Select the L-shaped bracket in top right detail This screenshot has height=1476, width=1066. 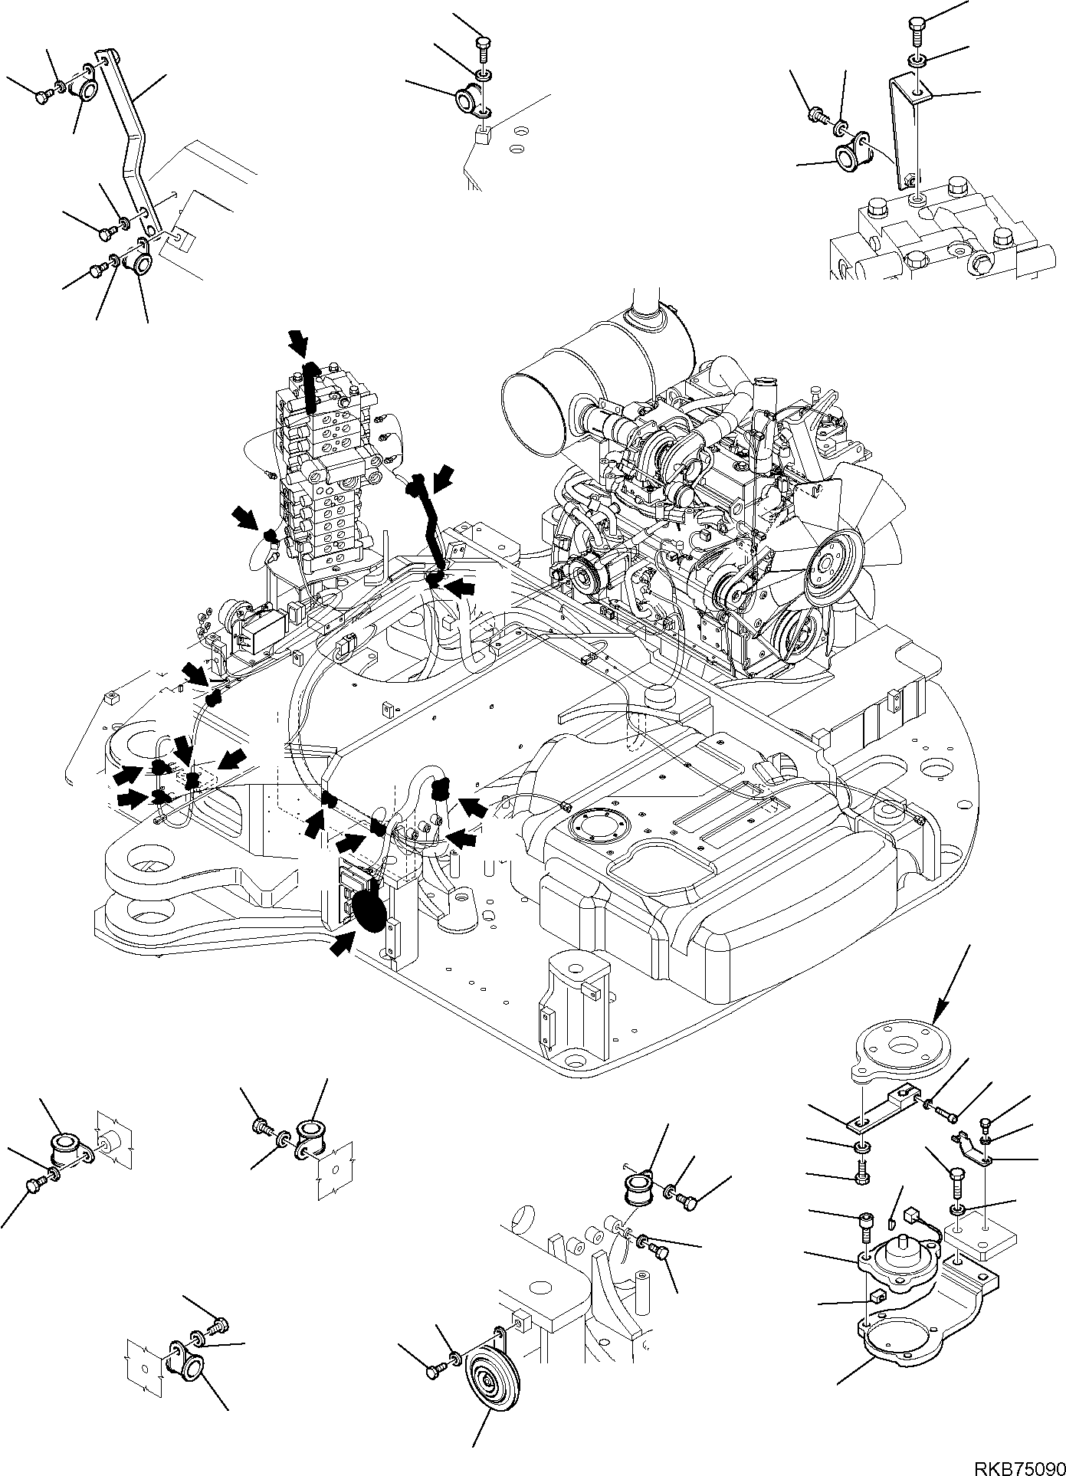(x=907, y=130)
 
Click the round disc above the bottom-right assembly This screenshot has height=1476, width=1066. (x=901, y=1046)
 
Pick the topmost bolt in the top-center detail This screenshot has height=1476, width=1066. (x=483, y=48)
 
